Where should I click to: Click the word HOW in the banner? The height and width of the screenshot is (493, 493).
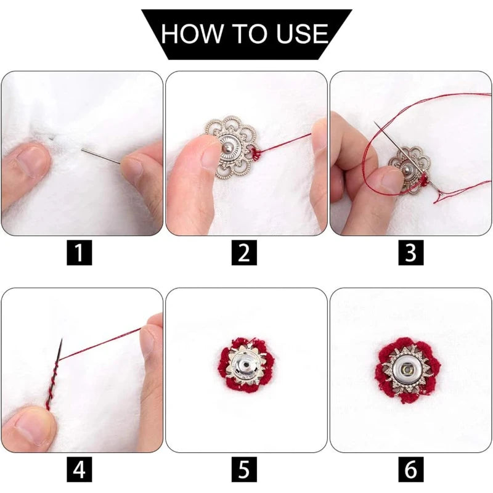(192, 33)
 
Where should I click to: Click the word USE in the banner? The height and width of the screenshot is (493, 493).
(302, 33)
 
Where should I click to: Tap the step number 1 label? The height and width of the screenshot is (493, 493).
(79, 253)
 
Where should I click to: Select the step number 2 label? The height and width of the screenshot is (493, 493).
(244, 253)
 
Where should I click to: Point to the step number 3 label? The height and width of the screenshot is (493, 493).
(410, 253)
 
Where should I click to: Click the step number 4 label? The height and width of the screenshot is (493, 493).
(79, 469)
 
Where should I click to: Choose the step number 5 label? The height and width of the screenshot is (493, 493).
(244, 469)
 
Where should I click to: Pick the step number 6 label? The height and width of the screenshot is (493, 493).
(410, 469)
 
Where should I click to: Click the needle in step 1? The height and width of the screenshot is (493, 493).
(100, 157)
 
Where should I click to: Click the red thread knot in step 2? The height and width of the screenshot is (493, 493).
(256, 155)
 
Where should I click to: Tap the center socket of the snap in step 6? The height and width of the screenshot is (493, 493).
(408, 369)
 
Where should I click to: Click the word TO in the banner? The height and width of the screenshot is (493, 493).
(250, 33)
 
